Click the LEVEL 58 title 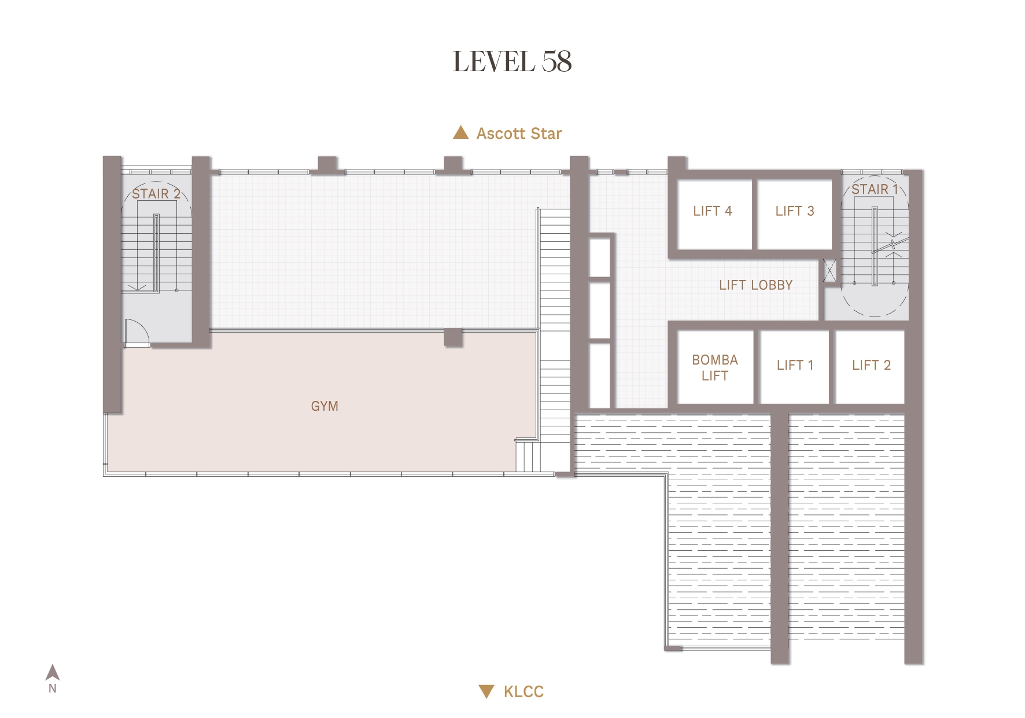click(512, 61)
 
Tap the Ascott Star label click(519, 134)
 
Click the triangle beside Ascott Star click(460, 132)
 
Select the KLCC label click(523, 691)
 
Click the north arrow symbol click(53, 672)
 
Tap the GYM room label click(325, 406)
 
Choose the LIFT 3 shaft click(794, 214)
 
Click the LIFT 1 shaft click(794, 366)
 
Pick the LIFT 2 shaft click(870, 366)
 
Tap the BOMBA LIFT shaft click(716, 366)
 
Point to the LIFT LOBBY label click(755, 285)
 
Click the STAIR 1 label click(875, 189)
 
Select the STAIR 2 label click(156, 194)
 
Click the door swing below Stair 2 click(137, 332)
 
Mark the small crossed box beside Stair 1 click(830, 270)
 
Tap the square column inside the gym click(453, 337)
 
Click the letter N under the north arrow click(53, 688)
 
